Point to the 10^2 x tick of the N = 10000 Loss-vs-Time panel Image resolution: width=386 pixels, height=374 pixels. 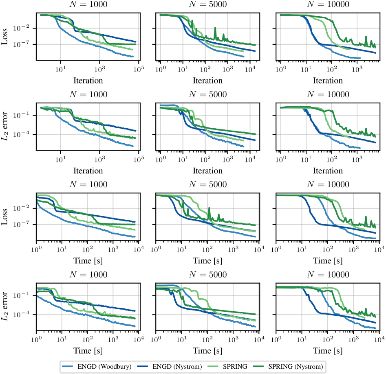328,248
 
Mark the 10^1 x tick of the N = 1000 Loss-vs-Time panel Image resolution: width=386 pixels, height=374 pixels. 62,248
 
